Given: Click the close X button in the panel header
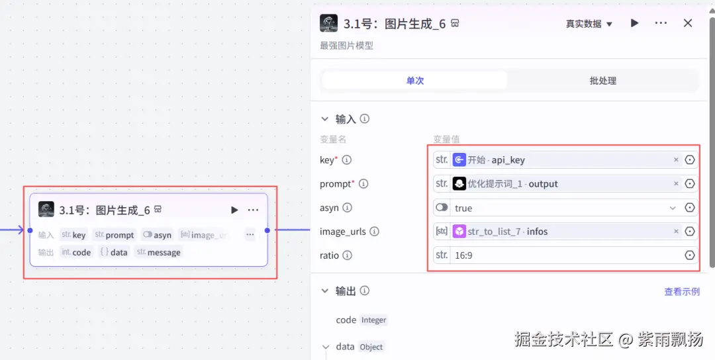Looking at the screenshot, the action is coord(688,23).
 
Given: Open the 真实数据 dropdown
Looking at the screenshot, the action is coord(589,24).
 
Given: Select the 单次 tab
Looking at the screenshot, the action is coord(415,81).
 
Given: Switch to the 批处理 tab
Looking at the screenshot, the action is coord(603,81).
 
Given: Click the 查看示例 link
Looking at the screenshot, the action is coord(682,292).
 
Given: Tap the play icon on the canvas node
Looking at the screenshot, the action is coord(234,210).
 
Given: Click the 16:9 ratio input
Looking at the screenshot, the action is coord(565,255).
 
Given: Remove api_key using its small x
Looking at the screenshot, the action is coord(676,159).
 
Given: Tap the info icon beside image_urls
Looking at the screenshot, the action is coord(374,232).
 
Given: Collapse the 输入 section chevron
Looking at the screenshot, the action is coord(324,119).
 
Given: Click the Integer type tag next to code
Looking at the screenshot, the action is coord(373,320).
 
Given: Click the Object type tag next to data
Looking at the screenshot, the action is coord(371,347).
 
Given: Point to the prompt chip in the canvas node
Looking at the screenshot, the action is coord(115,235).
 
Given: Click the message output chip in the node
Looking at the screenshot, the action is coord(159,252).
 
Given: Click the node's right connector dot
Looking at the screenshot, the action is coord(267,230).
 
